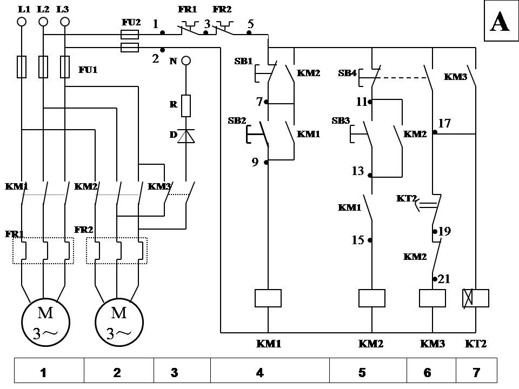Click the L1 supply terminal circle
[22, 22]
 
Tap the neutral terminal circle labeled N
[186, 61]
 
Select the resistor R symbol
[186, 105]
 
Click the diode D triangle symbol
[186, 136]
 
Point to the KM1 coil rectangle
[268, 298]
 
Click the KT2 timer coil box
[476, 298]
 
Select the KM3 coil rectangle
[432, 298]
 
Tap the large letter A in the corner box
[500, 23]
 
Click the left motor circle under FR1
[45, 323]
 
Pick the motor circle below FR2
[119, 323]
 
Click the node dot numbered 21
[435, 279]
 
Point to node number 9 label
[255, 162]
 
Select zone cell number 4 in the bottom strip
[259, 372]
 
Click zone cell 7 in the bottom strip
[476, 372]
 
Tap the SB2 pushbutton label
[237, 120]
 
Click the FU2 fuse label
[131, 23]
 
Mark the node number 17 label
[444, 123]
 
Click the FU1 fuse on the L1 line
[22, 66]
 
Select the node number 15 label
[358, 240]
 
